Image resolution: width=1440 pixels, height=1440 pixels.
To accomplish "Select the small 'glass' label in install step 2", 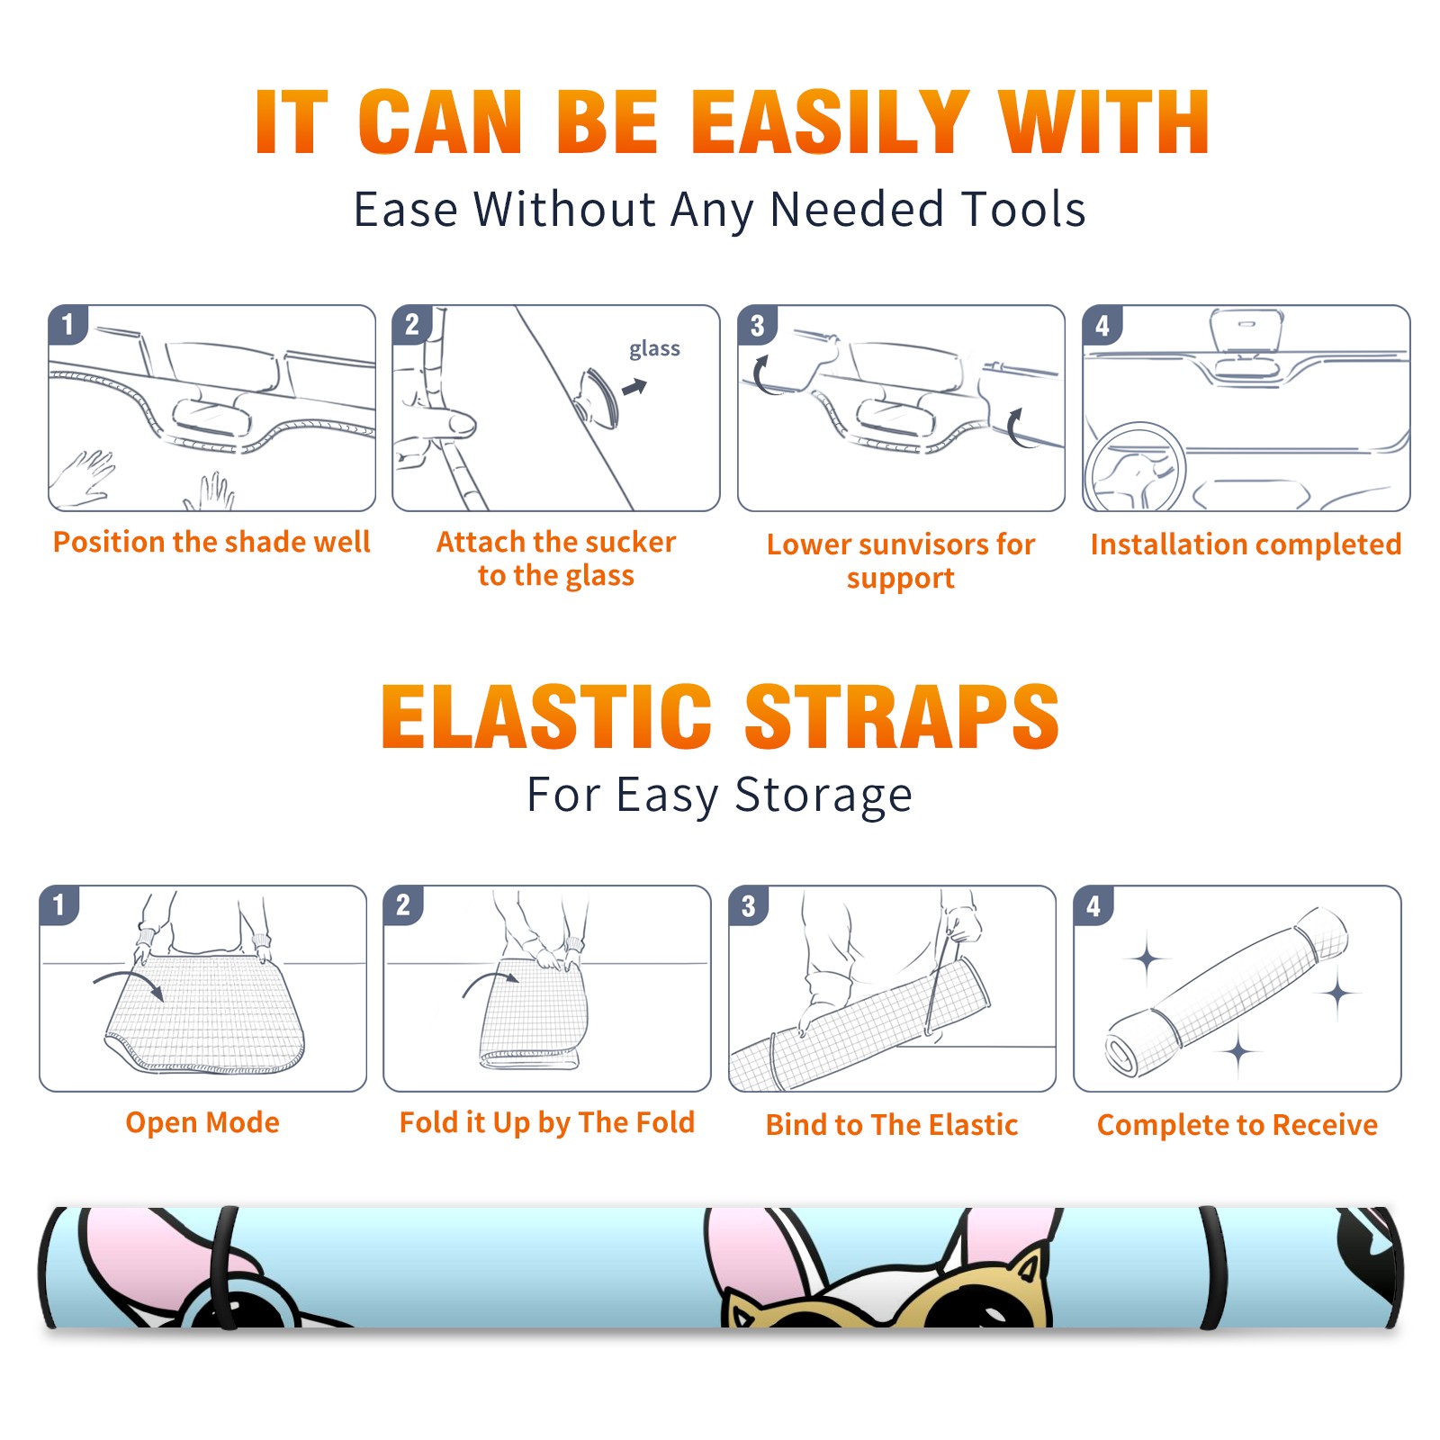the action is [x=654, y=348].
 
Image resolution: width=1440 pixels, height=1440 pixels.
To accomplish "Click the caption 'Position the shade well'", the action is [x=211, y=542].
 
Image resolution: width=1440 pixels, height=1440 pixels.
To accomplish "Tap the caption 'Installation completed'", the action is [x=1246, y=544].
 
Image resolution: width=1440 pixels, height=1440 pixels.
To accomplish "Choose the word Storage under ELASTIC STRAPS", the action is [x=823, y=796].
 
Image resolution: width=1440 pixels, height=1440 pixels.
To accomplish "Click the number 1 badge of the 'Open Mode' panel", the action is [x=59, y=904].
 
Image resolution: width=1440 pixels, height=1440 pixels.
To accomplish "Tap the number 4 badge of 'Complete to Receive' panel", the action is [x=1093, y=905].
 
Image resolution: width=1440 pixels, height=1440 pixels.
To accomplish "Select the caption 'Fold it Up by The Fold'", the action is [x=547, y=1122].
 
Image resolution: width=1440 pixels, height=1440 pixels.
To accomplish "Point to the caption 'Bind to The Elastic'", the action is [x=892, y=1124].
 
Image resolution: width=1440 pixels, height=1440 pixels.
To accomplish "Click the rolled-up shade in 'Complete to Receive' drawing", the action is [x=1227, y=992].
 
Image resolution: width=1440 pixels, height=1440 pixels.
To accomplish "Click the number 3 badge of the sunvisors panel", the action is [x=757, y=325].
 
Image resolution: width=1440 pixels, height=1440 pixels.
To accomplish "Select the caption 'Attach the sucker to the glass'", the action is [x=556, y=558].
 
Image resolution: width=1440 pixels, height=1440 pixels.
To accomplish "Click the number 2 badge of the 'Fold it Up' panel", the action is [x=403, y=904].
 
